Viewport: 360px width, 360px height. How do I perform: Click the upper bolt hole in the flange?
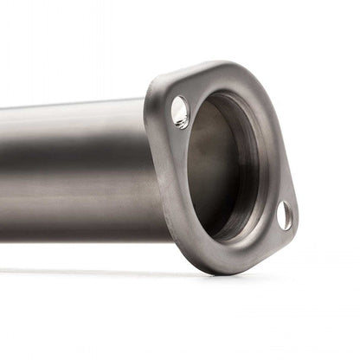pyautogui.click(x=180, y=112)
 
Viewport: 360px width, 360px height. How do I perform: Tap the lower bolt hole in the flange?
pyautogui.click(x=284, y=215)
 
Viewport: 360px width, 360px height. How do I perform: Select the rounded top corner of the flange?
pyautogui.click(x=173, y=76)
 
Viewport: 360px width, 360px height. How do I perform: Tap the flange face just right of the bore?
pyautogui.click(x=275, y=164)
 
